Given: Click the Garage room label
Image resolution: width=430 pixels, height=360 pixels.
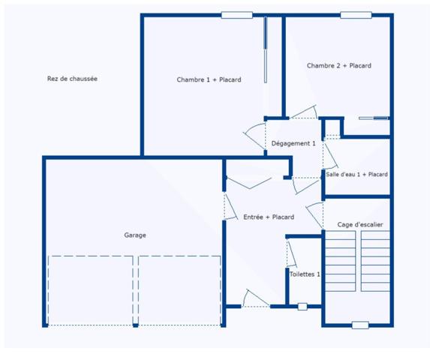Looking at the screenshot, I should tap(135, 235).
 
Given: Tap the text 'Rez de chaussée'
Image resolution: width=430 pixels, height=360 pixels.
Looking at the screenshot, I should tap(72, 79).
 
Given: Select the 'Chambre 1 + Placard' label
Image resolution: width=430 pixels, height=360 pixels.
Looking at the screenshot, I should tap(209, 79).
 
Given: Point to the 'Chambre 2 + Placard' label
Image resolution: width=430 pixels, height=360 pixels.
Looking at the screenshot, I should tap(338, 66).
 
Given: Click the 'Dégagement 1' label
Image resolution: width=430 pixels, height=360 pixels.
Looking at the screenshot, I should tap(293, 143).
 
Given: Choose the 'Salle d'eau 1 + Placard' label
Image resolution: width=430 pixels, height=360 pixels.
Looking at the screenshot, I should tap(356, 174).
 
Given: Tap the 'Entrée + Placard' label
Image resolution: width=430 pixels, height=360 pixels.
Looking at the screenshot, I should tap(269, 217).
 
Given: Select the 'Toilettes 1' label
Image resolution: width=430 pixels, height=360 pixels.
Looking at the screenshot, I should tap(305, 274).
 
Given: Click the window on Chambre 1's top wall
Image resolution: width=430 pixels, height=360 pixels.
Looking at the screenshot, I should tap(236, 15).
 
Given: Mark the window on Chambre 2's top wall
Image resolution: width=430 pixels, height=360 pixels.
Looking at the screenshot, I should tap(356, 15).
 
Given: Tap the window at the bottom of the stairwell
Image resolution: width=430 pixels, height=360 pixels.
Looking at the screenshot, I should tap(360, 325).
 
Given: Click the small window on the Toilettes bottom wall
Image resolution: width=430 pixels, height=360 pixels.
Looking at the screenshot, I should tap(302, 306).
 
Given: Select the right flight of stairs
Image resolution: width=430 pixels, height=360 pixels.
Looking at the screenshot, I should tap(375, 260).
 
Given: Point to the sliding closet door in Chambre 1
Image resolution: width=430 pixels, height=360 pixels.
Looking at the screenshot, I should tap(265, 50).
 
